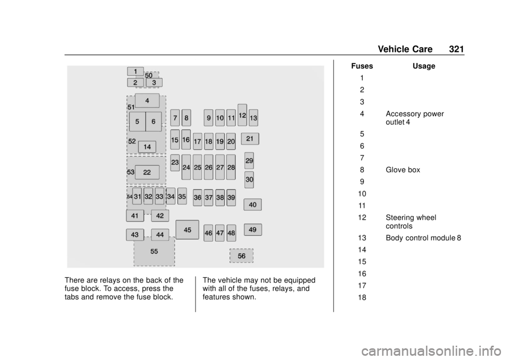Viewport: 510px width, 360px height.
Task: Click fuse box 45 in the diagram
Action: [188, 229]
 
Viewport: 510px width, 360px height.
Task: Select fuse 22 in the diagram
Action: [147, 173]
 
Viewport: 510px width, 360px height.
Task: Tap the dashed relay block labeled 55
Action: [154, 251]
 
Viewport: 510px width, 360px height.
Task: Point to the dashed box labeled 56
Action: [241, 256]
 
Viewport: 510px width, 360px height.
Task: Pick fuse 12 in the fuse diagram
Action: [242, 115]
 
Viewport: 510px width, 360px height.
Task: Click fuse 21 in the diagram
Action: [250, 139]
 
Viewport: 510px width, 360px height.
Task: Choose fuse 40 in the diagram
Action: [253, 204]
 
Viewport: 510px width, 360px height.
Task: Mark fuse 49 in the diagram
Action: [253, 229]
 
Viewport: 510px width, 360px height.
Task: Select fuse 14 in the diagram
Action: [147, 147]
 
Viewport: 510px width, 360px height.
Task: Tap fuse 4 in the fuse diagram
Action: [147, 100]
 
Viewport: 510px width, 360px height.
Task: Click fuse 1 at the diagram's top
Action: [135, 71]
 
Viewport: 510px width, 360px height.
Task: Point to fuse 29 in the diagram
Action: [249, 161]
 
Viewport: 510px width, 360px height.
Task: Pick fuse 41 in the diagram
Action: [135, 216]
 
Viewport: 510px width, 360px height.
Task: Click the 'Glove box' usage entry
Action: [403, 170]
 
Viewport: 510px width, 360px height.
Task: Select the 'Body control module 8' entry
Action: [423, 238]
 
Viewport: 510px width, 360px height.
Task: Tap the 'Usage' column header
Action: [424, 66]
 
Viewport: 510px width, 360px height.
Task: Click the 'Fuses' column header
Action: [362, 66]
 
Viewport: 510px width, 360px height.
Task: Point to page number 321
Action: [456, 49]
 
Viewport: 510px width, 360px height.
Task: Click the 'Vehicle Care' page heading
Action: [405, 49]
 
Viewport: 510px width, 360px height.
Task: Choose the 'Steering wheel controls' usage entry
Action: [411, 222]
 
